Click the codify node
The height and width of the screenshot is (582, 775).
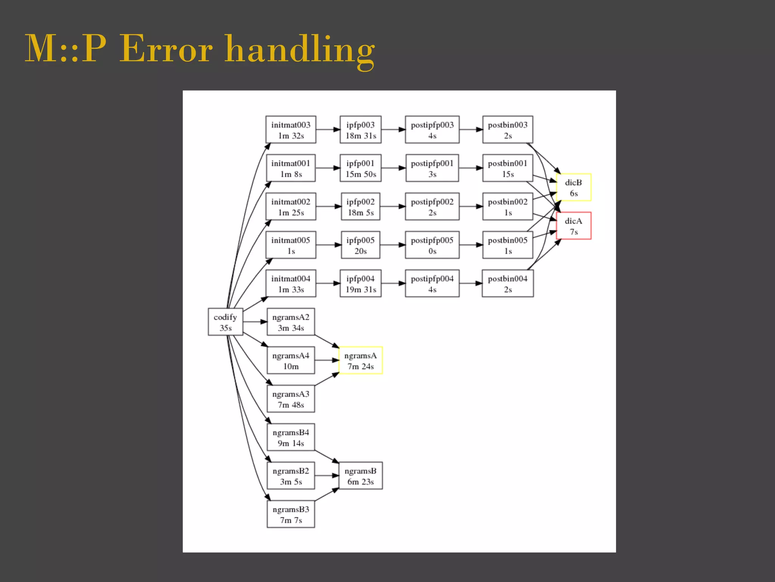point(225,322)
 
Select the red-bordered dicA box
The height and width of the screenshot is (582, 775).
point(573,226)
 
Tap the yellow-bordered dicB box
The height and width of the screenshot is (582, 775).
point(573,188)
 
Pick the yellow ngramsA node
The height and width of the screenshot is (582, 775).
point(360,360)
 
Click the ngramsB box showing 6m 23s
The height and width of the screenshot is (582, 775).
point(360,476)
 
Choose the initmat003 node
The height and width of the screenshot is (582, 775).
point(291,130)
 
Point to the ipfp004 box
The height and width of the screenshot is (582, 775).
point(360,283)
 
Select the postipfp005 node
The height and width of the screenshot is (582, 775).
point(432,245)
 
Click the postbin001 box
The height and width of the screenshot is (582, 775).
point(507,168)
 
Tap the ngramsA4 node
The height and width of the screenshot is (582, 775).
point(291,360)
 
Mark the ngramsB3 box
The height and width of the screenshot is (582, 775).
point(291,514)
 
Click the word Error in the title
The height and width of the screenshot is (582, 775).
point(166,49)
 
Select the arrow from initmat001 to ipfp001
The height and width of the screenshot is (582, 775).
point(328,168)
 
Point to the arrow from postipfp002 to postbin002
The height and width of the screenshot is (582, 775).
point(471,207)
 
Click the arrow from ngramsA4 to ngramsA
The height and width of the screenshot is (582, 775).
point(327,360)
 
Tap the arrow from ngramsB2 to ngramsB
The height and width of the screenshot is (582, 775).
point(327,476)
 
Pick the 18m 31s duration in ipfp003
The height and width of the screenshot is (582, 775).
point(361,136)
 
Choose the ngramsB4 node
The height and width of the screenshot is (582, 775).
point(291,437)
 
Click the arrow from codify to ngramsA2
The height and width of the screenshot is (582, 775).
point(255,322)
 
